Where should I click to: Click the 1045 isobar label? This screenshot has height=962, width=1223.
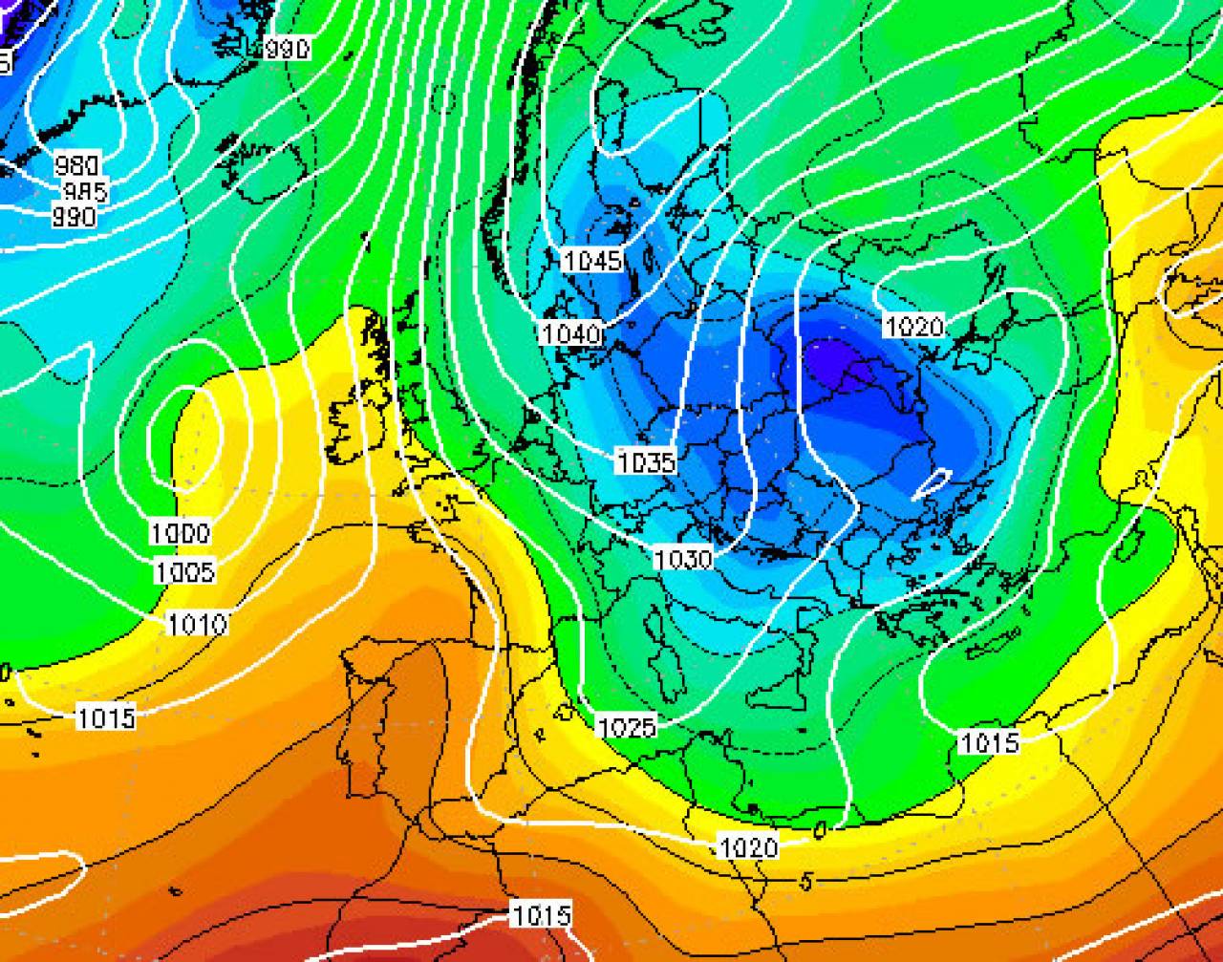pyautogui.click(x=592, y=260)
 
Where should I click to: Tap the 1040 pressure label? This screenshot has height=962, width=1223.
pyautogui.click(x=571, y=333)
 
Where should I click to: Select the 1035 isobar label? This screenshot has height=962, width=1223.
pyautogui.click(x=647, y=463)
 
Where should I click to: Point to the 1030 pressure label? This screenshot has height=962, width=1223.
pyautogui.click(x=683, y=559)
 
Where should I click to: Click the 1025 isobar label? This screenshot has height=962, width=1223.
pyautogui.click(x=627, y=728)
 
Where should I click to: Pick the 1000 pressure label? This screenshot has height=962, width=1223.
pyautogui.click(x=181, y=533)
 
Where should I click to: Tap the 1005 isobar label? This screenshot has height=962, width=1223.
pyautogui.click(x=185, y=572)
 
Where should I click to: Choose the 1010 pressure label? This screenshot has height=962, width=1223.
pyautogui.click(x=197, y=625)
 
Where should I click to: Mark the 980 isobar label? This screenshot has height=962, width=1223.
pyautogui.click(x=76, y=164)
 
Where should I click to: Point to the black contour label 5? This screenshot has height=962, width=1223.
pyautogui.click(x=807, y=882)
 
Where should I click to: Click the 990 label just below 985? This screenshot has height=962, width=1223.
pyautogui.click(x=74, y=218)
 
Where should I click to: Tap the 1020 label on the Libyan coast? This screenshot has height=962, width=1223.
pyautogui.click(x=749, y=846)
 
